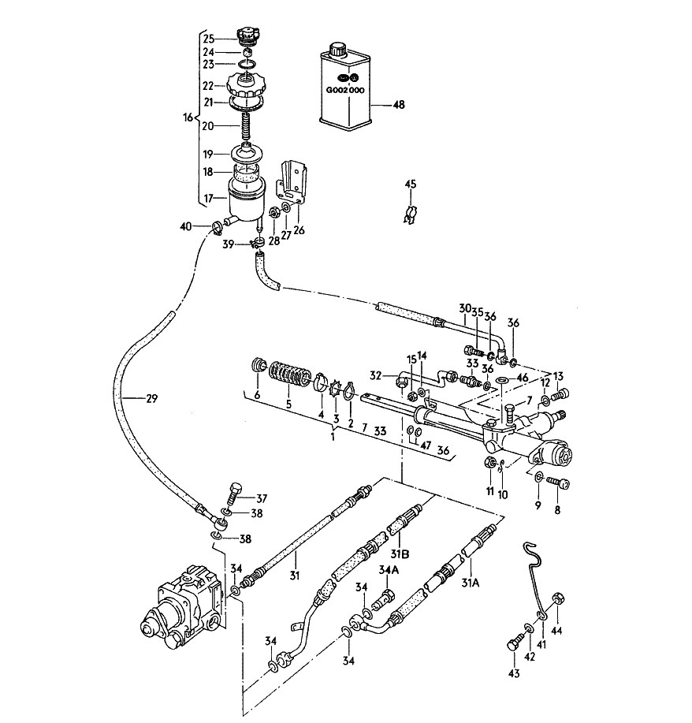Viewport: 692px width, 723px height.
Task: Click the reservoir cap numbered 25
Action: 248,35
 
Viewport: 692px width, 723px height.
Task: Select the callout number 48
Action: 398,105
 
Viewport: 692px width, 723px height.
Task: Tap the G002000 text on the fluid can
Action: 345,90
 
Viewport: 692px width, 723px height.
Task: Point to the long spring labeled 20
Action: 247,127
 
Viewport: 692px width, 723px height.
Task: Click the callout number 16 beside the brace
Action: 188,117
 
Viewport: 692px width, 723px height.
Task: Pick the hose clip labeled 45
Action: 411,214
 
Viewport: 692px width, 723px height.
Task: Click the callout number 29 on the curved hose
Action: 151,398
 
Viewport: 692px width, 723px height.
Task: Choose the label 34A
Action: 389,570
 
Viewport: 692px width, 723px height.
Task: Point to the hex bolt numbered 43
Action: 515,643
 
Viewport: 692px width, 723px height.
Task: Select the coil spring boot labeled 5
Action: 288,374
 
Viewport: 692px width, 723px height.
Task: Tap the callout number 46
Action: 522,379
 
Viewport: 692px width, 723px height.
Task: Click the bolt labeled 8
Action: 558,483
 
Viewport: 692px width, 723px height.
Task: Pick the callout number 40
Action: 186,227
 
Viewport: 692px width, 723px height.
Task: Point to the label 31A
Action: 471,583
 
